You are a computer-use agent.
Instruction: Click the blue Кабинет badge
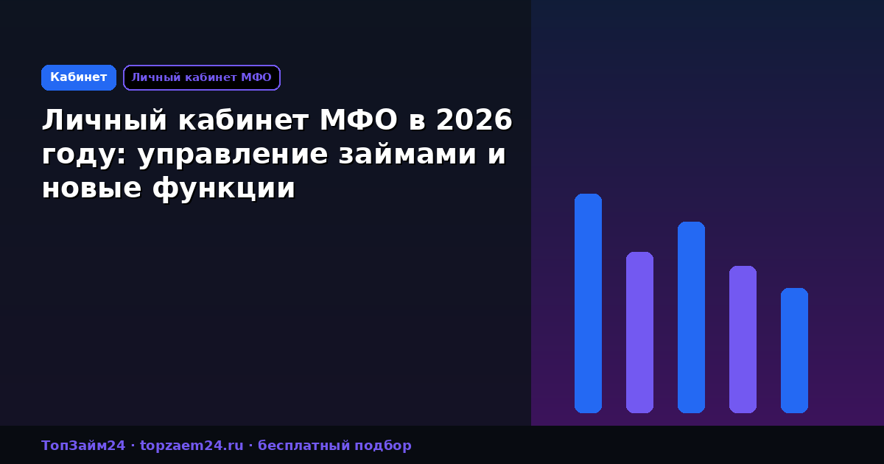(79, 78)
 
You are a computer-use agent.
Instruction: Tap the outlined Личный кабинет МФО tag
(202, 78)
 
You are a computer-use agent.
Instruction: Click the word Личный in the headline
(105, 120)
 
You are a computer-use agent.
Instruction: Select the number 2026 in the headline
(474, 120)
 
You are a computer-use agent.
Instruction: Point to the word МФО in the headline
(358, 120)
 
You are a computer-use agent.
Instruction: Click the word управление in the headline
(233, 155)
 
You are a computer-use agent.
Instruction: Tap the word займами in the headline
(407, 154)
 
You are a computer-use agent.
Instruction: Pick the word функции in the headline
(224, 189)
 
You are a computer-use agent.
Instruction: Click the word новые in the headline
(91, 189)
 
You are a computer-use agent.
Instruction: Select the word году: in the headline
(84, 155)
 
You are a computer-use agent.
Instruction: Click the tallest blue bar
(588, 303)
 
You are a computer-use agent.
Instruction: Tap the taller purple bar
(639, 333)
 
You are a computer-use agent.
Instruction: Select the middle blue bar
(692, 317)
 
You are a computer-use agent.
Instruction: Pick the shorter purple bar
(743, 340)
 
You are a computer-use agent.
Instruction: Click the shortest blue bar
(794, 351)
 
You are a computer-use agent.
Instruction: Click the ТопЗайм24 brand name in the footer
(83, 446)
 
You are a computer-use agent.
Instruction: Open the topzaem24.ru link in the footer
(192, 446)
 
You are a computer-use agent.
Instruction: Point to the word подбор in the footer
(383, 446)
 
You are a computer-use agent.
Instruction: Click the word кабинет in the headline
(244, 120)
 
